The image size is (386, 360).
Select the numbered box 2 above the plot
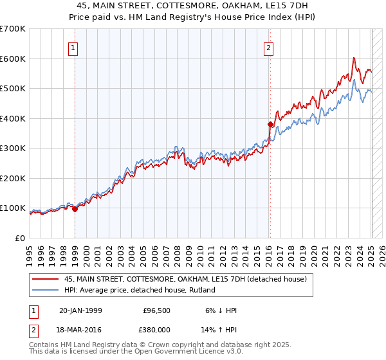tap(268, 47)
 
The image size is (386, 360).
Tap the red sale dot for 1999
tap(75, 208)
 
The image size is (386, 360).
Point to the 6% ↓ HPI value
tap(223, 310)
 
